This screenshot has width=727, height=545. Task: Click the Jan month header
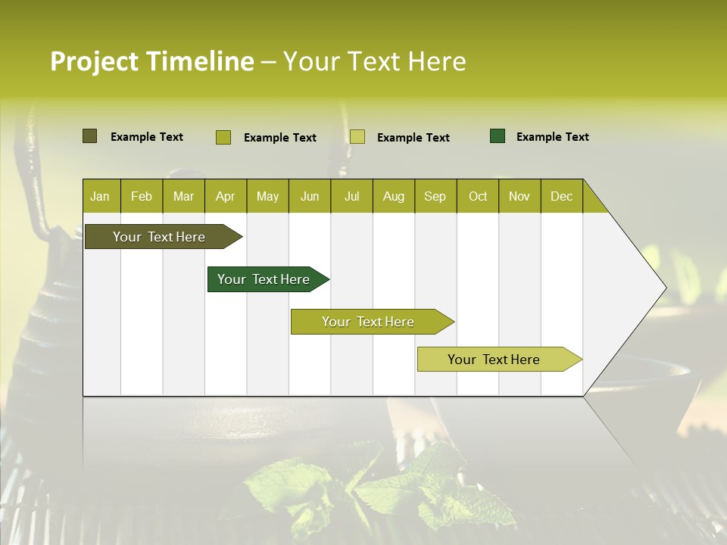tap(101, 196)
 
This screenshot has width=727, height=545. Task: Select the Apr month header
tap(226, 196)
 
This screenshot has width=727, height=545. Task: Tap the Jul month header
tap(351, 196)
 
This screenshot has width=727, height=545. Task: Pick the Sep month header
tap(435, 196)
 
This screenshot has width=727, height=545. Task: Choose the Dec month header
tap(561, 196)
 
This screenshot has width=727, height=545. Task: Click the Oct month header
tap(478, 196)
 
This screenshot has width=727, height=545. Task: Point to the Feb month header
tap(142, 196)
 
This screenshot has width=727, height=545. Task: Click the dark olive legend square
tap(89, 136)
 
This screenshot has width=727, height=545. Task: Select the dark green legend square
tap(498, 136)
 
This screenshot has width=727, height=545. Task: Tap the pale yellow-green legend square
tap(357, 137)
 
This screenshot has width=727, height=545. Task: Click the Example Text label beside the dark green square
tap(552, 137)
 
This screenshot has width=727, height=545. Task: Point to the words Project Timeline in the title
tap(151, 61)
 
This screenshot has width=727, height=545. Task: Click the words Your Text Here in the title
tap(374, 61)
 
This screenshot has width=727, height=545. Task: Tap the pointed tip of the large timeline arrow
tap(663, 287)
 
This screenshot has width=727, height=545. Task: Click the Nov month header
tap(520, 196)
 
